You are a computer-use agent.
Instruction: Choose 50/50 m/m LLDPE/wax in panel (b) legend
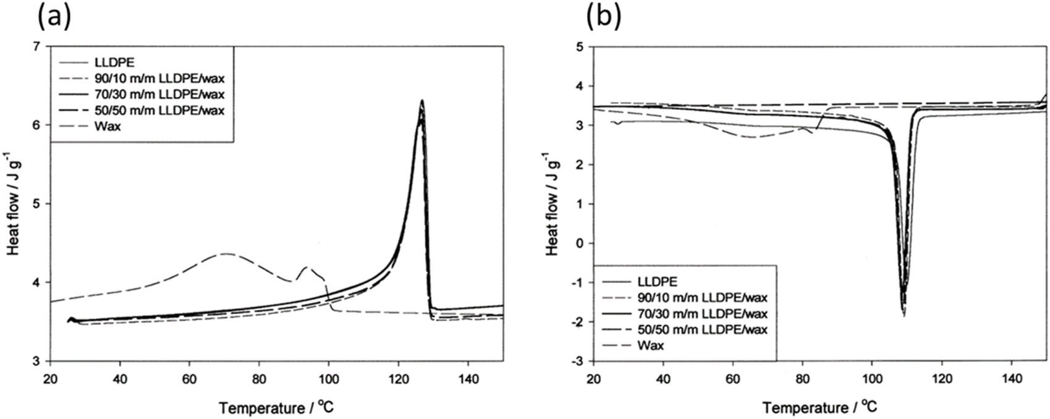tap(703, 329)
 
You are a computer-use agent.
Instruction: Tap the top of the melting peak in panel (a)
tap(421, 100)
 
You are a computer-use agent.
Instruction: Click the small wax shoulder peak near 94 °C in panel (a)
tap(306, 267)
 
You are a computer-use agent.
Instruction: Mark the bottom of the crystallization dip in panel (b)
tap(904, 316)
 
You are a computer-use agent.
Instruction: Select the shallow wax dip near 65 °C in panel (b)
tap(751, 137)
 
